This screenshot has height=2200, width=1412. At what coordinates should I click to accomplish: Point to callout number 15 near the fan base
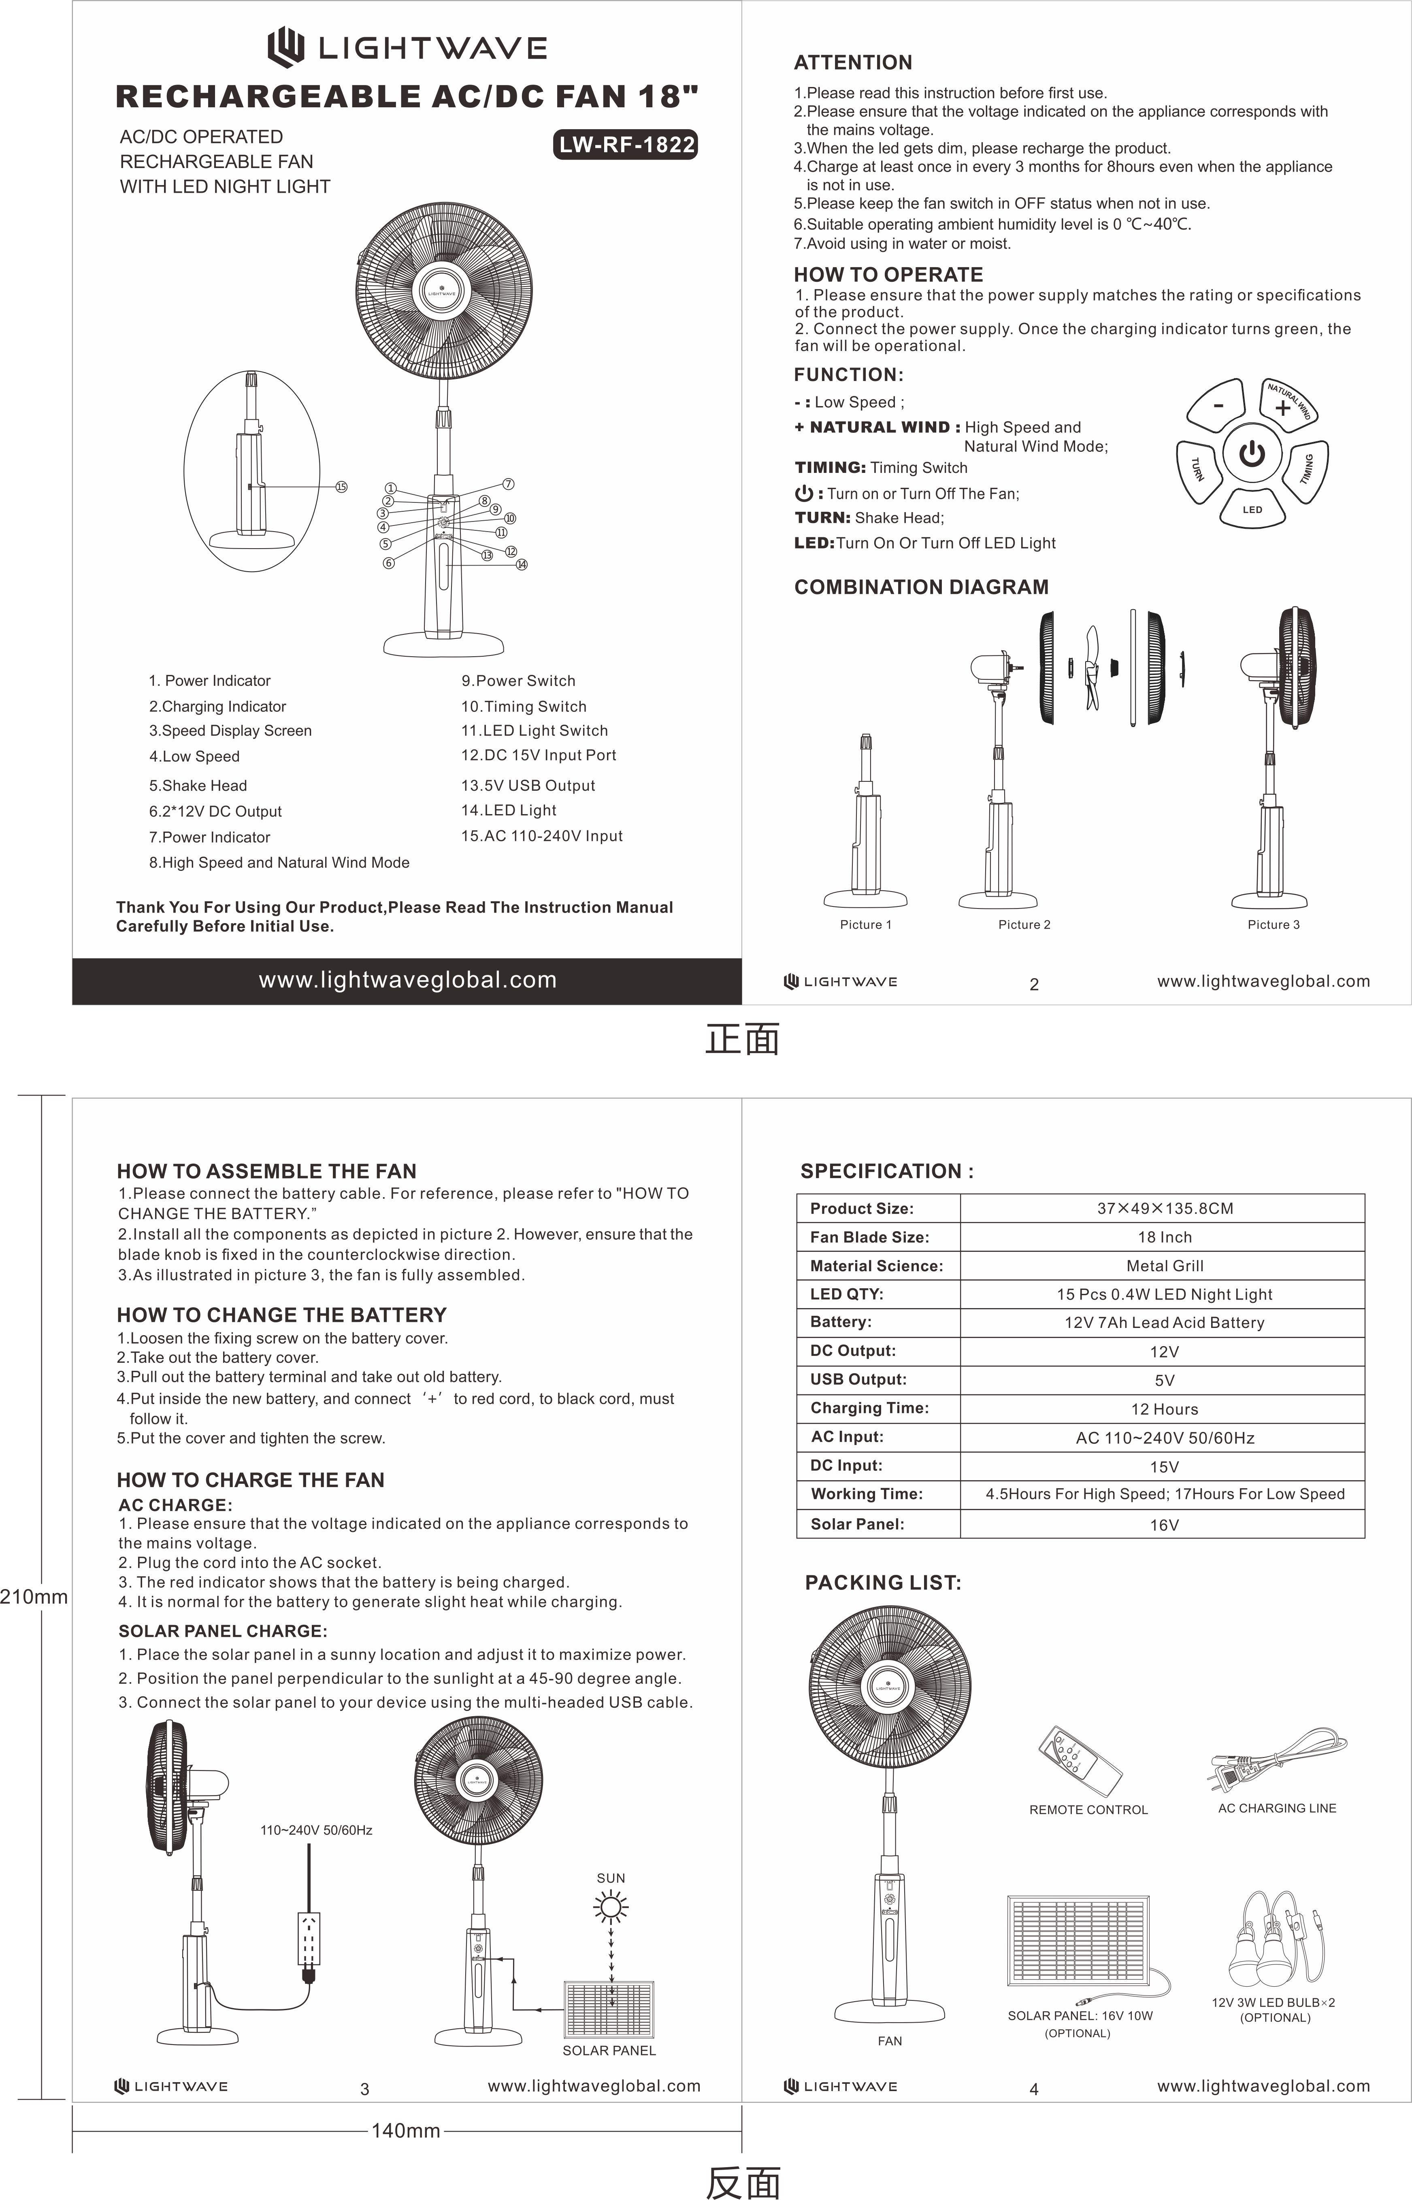[341, 487]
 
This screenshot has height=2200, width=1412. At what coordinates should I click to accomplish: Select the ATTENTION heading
[853, 62]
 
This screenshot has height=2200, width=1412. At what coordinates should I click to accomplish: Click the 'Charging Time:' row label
[869, 1408]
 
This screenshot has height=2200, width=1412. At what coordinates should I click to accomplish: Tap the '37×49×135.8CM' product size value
[1165, 1208]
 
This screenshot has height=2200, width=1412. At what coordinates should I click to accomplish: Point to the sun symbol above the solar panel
[611, 1908]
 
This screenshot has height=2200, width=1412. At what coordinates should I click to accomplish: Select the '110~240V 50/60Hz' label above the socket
[316, 1831]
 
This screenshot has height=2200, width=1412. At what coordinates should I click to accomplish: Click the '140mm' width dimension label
[405, 2131]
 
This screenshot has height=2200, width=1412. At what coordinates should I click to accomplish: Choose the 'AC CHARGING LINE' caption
[1276, 1809]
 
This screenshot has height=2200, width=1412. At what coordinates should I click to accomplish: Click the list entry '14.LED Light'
[509, 811]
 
